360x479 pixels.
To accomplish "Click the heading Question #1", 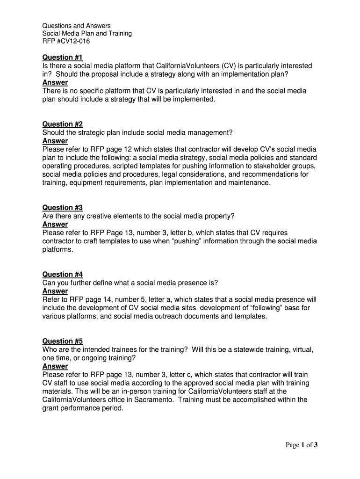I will [62, 58].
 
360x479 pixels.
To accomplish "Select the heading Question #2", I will [62, 124].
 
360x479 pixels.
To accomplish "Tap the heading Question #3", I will [62, 208].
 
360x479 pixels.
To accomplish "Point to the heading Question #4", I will [62, 275].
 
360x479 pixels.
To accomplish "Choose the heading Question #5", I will [62, 341].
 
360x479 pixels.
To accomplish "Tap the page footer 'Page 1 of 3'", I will [302, 445].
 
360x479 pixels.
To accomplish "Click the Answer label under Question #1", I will [55, 83].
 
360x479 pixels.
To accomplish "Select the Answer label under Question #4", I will [55, 291].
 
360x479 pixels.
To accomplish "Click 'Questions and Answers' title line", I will [77, 25].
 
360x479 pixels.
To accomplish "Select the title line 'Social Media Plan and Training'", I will [87, 33].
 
